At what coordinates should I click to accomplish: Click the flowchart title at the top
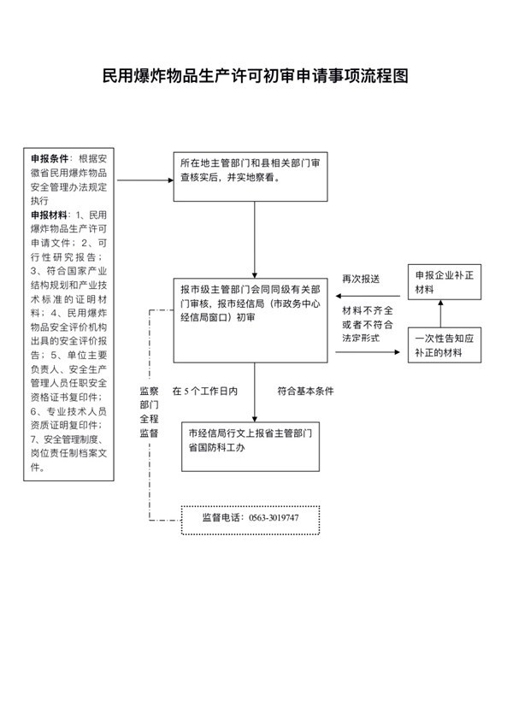pos(256,75)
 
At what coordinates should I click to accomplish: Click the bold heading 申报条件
pos(50,159)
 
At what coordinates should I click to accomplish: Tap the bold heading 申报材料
pos(50,215)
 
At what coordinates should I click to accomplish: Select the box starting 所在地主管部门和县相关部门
pos(251,177)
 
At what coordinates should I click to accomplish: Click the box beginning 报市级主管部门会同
pos(251,320)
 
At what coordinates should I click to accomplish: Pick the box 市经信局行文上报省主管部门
pos(251,446)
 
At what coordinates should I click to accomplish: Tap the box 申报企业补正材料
pos(445,282)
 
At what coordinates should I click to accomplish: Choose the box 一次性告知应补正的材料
pos(445,345)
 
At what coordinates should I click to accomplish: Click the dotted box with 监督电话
pos(251,520)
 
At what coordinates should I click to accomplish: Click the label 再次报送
pos(361,279)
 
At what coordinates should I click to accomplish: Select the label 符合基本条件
pos(305,392)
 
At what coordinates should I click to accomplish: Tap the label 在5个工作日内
pos(205,392)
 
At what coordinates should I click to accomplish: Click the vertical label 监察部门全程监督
pos(149,412)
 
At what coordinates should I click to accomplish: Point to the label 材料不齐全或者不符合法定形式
pos(368,324)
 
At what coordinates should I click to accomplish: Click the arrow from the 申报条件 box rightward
pos(145,180)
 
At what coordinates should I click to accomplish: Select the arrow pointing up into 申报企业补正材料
pos(440,314)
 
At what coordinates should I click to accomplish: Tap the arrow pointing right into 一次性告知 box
pos(368,352)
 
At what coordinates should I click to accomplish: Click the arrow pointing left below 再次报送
pos(368,296)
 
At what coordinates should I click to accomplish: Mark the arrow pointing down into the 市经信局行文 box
pos(255,392)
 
